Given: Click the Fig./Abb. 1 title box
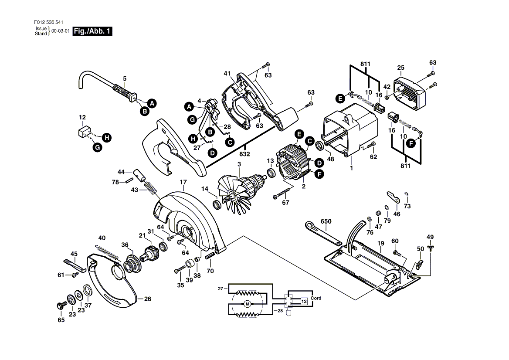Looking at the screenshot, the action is (x=92, y=31).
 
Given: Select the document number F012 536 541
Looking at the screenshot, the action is (x=49, y=22).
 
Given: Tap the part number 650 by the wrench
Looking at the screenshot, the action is (x=326, y=221).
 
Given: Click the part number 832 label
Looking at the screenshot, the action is (x=244, y=154).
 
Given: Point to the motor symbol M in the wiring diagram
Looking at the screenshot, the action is (x=248, y=304).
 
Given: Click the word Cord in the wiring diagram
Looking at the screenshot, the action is (x=316, y=298).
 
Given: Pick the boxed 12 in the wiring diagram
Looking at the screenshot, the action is (x=304, y=302).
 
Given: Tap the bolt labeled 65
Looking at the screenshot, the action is (x=61, y=306).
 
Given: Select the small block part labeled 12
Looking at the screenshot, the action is (x=84, y=132).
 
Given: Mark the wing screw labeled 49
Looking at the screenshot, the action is (x=430, y=249).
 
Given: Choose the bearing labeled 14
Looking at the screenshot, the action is (x=216, y=204).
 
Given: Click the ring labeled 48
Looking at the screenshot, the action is (x=319, y=146).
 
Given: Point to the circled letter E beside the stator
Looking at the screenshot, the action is (x=299, y=134).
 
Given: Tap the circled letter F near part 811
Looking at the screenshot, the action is (x=411, y=143).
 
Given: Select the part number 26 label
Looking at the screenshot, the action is (x=147, y=299).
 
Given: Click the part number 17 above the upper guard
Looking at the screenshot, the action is (x=183, y=183).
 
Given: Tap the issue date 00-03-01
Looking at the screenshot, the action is (x=61, y=31).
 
